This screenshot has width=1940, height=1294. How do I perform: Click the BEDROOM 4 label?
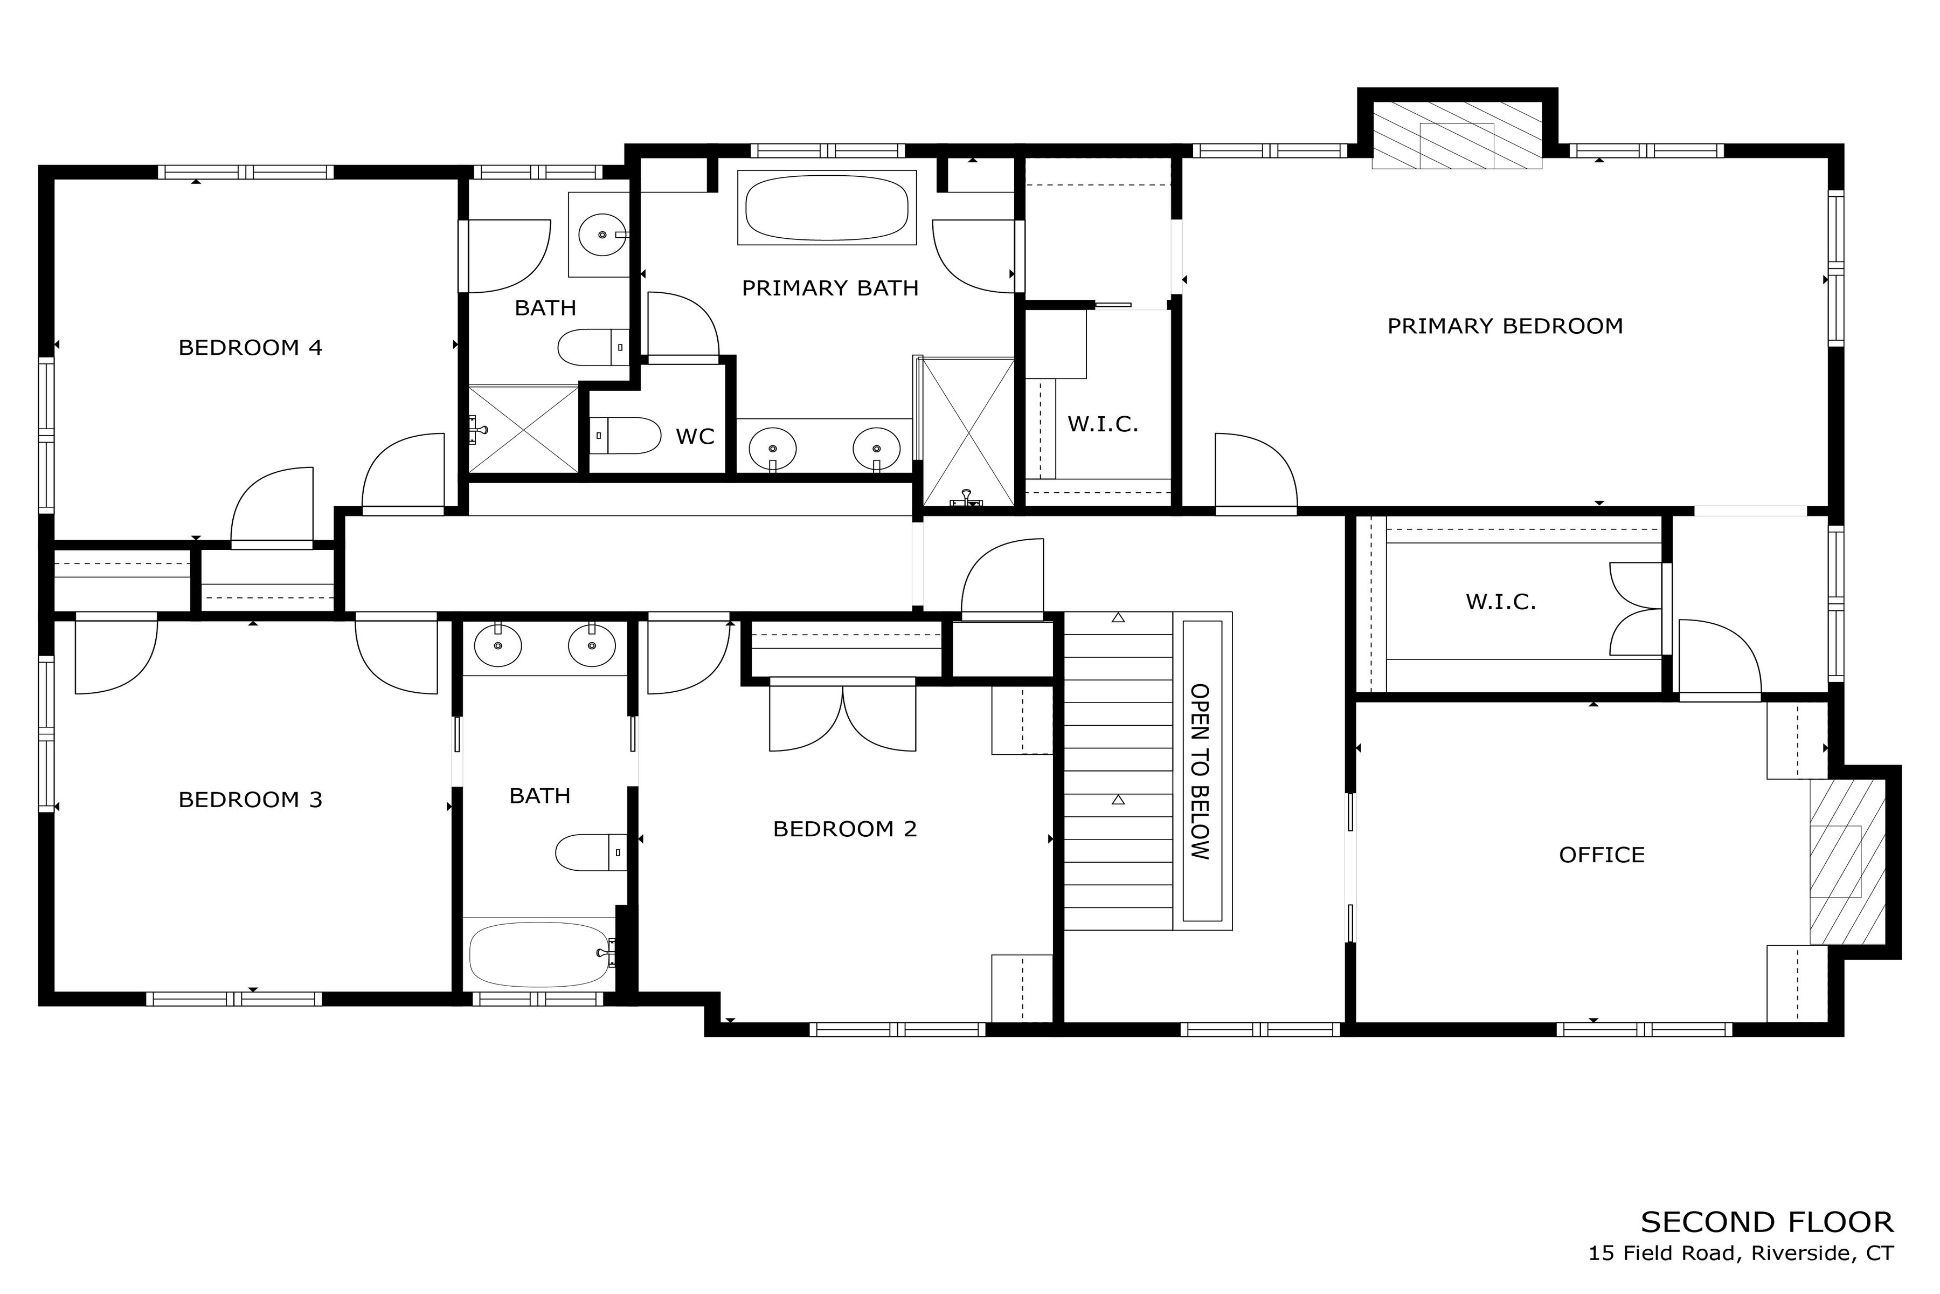click(x=250, y=347)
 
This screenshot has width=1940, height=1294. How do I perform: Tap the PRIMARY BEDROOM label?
click(x=1505, y=326)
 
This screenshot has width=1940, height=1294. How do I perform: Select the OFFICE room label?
click(x=1602, y=855)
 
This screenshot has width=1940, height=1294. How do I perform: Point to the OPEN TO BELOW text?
click(x=1200, y=772)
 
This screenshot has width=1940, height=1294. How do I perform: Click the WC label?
click(x=695, y=437)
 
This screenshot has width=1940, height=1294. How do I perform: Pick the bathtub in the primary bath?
click(x=827, y=207)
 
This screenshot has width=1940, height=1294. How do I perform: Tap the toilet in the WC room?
click(x=626, y=435)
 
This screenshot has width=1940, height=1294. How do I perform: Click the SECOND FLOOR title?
click(x=1767, y=1222)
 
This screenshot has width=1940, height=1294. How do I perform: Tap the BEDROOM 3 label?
click(x=250, y=800)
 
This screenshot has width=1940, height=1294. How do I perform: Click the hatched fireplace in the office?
click(x=1848, y=862)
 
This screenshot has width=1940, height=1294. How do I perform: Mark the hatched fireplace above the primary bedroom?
click(x=1457, y=135)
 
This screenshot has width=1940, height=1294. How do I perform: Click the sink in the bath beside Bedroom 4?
click(x=602, y=235)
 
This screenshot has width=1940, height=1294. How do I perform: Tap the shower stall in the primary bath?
click(x=967, y=432)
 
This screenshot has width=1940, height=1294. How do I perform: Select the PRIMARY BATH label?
click(x=830, y=288)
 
